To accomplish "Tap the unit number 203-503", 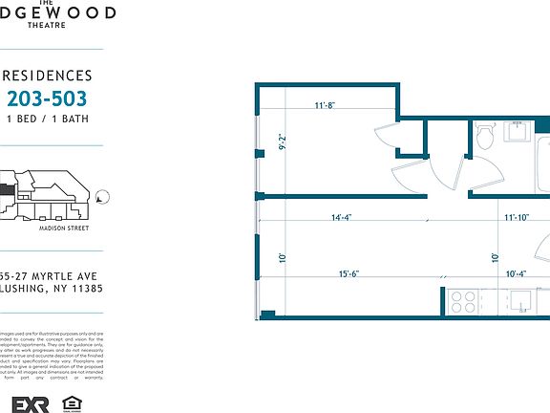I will (47, 98).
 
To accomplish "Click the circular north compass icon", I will (102, 198).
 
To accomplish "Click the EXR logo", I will (24, 402).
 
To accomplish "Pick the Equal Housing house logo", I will (70, 402).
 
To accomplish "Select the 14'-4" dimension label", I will (342, 217).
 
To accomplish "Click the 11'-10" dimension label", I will (517, 217).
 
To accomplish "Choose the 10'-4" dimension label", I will (517, 275).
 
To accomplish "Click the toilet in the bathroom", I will (483, 137).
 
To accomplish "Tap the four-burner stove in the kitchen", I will (463, 302).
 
